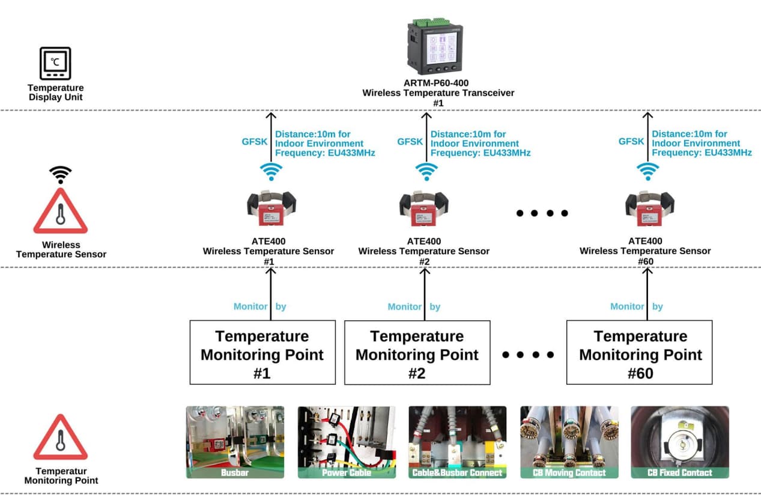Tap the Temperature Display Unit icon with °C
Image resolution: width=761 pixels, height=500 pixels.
tap(55, 63)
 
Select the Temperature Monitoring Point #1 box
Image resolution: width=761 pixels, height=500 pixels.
tap(262, 353)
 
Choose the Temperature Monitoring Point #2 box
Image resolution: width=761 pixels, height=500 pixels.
tap(417, 353)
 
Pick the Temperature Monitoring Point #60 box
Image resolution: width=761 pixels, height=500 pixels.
tap(639, 353)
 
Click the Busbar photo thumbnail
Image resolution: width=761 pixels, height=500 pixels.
tap(235, 442)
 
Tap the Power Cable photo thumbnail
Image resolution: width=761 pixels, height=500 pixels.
tap(347, 442)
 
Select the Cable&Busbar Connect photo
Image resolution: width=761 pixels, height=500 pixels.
tap(457, 442)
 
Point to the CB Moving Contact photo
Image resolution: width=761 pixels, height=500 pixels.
tap(569, 442)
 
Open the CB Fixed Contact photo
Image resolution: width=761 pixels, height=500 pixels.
tap(679, 442)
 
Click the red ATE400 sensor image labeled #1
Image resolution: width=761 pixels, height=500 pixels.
tap(271, 208)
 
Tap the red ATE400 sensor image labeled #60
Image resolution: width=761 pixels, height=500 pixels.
tap(649, 208)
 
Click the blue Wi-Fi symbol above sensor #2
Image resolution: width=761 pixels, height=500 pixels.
tap(426, 171)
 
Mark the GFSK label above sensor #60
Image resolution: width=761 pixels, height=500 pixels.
tap(631, 142)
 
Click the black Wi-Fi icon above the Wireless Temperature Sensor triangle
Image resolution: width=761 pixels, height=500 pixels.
tap(60, 174)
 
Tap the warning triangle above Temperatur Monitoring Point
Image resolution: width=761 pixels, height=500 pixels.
tap(60, 437)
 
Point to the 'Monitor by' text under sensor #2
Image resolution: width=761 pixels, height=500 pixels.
tap(414, 306)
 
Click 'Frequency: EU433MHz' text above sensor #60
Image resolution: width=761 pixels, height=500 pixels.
tap(702, 153)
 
